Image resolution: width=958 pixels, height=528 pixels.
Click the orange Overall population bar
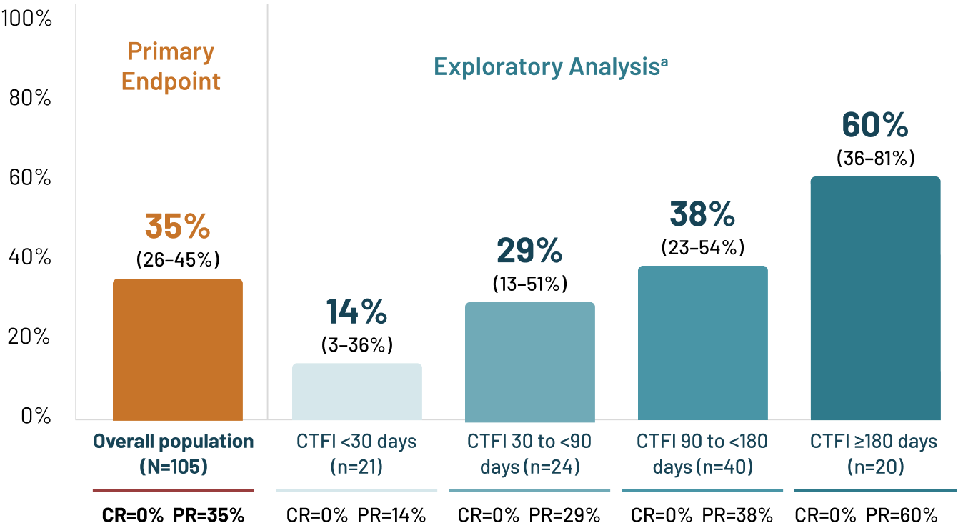pos(177,349)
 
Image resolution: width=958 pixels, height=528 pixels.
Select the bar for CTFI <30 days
pos(356,392)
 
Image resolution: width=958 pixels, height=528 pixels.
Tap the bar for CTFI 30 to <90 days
pos(529,362)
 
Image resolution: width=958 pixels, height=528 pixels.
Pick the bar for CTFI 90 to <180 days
pos(702,343)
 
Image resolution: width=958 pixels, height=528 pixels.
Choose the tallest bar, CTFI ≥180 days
pos(875,299)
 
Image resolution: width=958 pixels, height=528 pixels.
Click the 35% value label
pos(177,226)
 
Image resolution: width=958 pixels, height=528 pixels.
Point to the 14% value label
pos(356,312)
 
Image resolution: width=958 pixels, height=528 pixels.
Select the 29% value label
pos(529,251)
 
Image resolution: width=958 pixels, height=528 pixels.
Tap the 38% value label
pos(702,214)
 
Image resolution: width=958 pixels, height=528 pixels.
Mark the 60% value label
pos(874,125)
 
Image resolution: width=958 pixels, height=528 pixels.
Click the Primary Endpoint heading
pos(171,66)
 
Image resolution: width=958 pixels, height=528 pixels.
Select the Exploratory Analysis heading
pos(546,67)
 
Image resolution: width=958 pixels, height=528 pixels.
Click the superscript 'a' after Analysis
pos(664,61)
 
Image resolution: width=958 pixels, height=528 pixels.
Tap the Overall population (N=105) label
pos(174,454)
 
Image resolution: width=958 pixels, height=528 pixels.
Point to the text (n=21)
pos(356,467)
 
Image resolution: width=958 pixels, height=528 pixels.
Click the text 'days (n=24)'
pos(529,467)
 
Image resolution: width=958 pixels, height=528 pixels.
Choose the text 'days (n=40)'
pos(702,467)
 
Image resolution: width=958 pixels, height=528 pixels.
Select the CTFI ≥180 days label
pos(874,442)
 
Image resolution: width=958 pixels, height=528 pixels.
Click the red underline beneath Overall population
pos(173,491)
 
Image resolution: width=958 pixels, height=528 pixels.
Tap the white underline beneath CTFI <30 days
pos(356,491)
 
